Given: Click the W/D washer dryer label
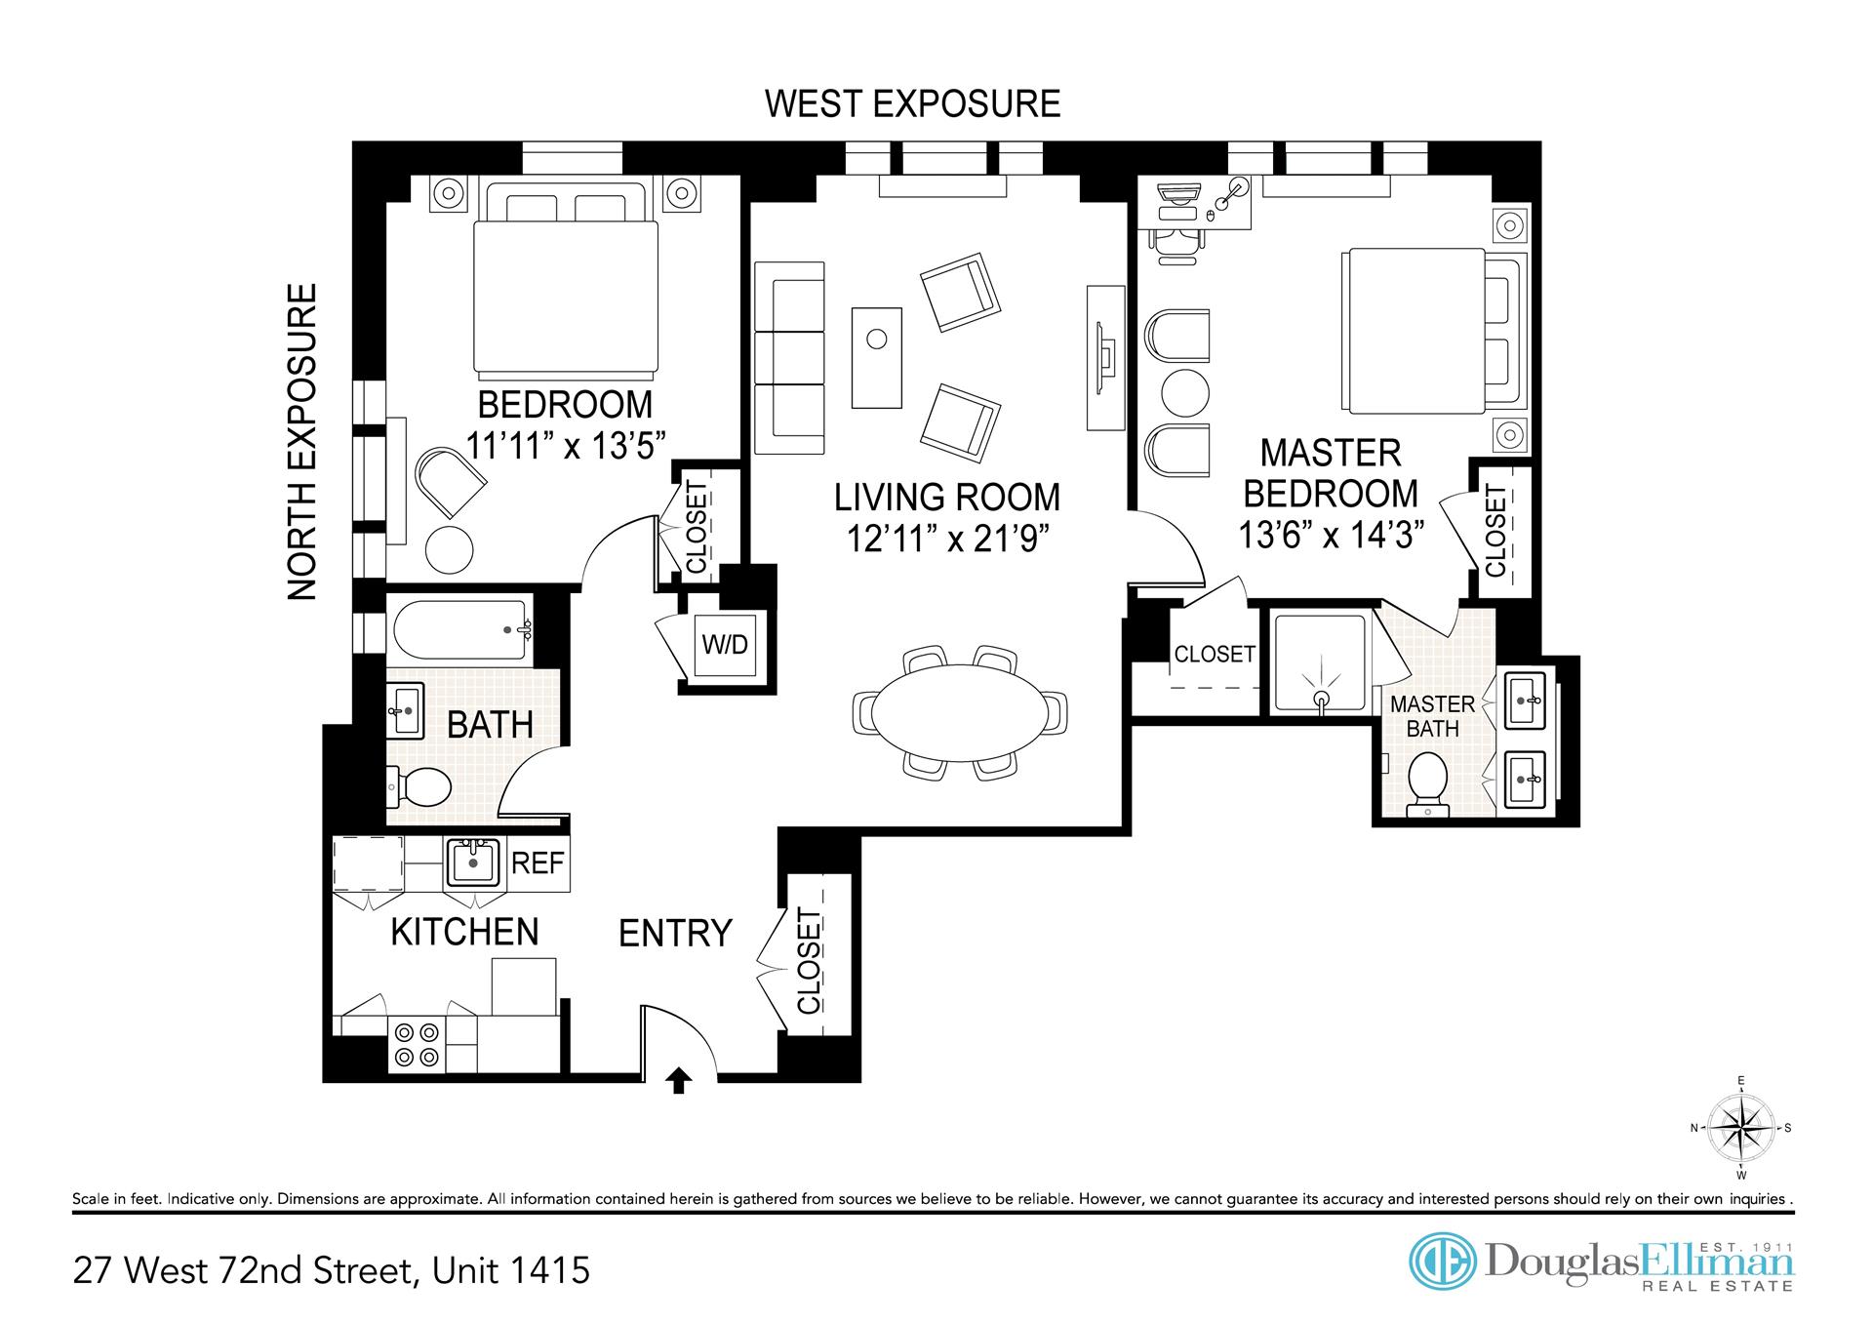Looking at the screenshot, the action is [x=726, y=644].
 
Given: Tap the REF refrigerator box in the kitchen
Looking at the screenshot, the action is [x=538, y=862].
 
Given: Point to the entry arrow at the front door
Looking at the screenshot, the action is [x=679, y=1081].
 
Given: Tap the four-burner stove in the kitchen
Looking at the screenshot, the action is [x=417, y=1044].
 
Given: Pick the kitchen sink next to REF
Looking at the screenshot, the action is [x=474, y=862].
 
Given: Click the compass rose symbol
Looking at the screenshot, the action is [x=1741, y=1128].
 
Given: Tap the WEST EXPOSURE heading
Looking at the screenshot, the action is [x=912, y=103].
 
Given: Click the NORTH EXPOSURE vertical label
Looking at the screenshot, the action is [x=302, y=442].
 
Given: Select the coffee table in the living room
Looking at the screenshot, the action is [x=877, y=357].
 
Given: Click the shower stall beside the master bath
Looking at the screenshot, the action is [x=1320, y=663].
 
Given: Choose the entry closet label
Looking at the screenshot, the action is [x=810, y=961].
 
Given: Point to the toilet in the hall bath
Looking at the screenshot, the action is [x=418, y=786].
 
